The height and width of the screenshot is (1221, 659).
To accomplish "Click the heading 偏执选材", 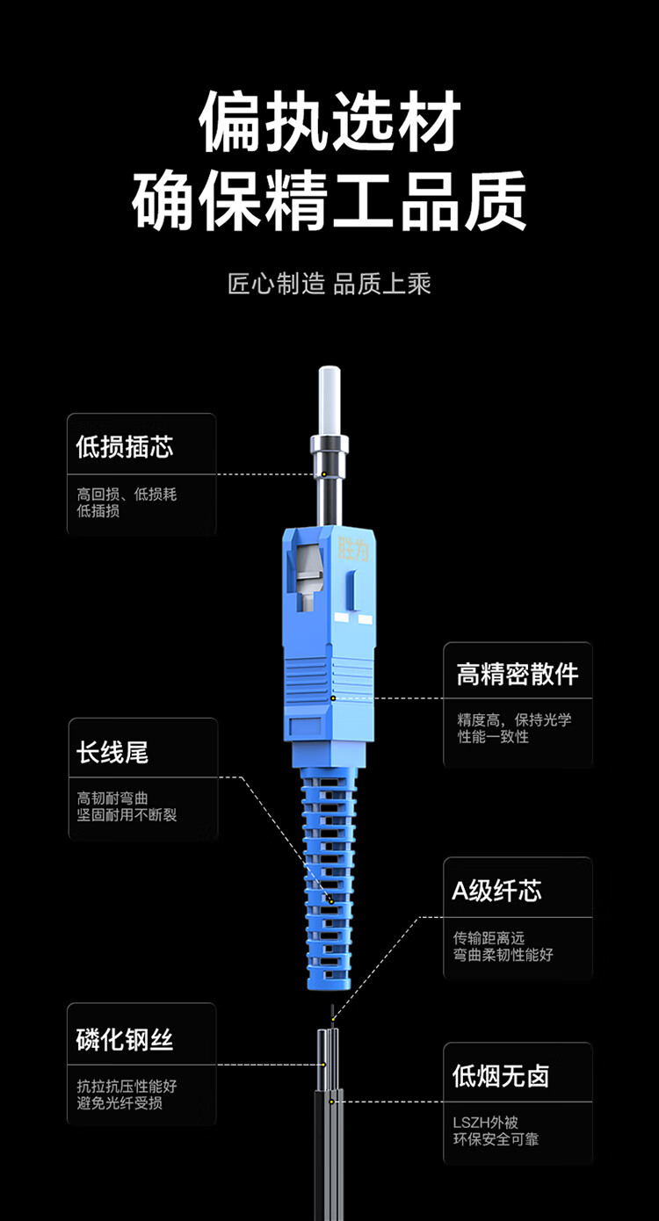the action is coord(329,120).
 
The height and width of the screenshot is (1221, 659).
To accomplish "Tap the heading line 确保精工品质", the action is coord(329,200).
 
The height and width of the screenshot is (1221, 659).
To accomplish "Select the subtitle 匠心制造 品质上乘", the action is coord(329,284).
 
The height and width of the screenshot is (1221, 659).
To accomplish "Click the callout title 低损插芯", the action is coord(125,446).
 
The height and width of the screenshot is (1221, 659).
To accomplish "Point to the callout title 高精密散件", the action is coord(518,675).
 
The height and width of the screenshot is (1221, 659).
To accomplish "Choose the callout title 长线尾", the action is coord(112,752).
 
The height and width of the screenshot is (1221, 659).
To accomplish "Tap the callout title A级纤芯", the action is coord(496,891).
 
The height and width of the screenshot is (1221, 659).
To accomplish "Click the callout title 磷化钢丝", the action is coord(125,1039).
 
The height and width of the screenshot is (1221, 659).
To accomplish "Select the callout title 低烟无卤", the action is coord(500,1076).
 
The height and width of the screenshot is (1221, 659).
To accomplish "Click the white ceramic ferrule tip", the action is coord(329,401).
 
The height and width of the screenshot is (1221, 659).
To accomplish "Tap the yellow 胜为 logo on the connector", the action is coord(354,549).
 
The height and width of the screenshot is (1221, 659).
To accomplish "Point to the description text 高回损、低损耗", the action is coord(127,494).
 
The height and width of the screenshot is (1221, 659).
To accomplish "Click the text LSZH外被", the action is coord(486,1123).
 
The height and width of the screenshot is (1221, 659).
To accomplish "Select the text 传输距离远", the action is coord(489,937).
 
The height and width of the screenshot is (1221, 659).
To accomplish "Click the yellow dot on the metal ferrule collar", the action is coord(324,474).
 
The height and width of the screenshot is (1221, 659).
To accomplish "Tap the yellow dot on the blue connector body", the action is coord(333,698).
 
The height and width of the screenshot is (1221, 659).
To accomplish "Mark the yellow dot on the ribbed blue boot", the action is coord(331,901).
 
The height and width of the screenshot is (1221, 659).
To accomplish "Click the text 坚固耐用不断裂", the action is coord(127,815).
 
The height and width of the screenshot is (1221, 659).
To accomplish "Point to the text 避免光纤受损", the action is coord(119,1102).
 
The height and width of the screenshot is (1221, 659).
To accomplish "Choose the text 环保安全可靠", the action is coord(496,1139).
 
